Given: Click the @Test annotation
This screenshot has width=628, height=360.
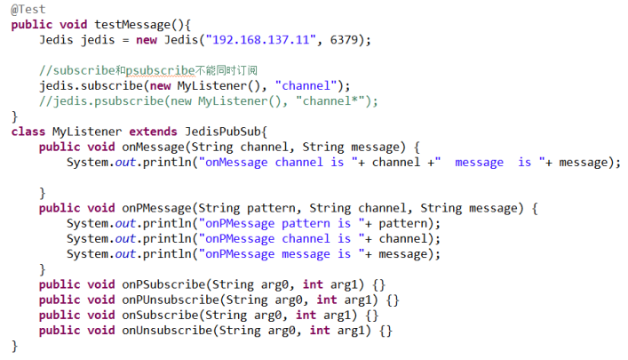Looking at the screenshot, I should click(28, 9).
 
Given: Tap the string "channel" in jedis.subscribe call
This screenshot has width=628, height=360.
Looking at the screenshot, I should click(307, 85).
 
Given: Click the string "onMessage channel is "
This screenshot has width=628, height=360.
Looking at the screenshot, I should click(284, 162).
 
